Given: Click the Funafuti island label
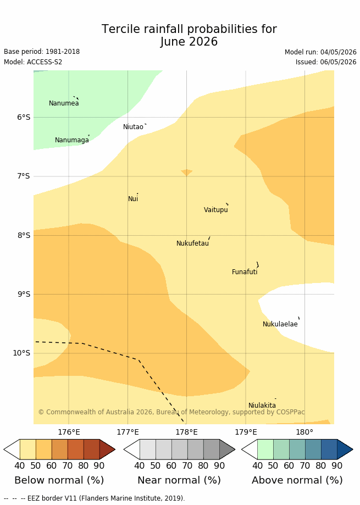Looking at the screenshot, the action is pos(245,272).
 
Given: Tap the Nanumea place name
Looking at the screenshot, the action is pos(64,103).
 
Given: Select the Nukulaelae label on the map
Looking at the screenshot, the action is pos(280,324).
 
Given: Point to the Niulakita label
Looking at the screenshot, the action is pos(262,406).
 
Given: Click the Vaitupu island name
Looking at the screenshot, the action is pos(216,210).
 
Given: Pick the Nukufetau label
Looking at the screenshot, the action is pos(192,243).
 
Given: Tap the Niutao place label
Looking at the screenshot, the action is pos(133,127).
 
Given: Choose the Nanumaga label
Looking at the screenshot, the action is pos(72,140).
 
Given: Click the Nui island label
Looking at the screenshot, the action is pos(133,199).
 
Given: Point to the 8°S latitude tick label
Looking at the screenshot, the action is pos(24,235).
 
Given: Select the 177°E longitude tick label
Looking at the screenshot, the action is pos(128,432).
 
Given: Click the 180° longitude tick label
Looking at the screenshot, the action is pos(304,432).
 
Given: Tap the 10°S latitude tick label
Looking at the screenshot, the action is pos(21,353).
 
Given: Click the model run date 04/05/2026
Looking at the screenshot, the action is pos(338,52).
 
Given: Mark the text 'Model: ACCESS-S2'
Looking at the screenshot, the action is pos(33,62).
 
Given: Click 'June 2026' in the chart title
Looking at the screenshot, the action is pos(189,42).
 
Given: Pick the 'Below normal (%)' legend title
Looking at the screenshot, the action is pos(59,480).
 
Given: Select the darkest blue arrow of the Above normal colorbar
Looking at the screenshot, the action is pos(345,449).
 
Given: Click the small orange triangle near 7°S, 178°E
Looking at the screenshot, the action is pos(186,173).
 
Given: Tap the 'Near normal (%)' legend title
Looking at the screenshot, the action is pos(179,480).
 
